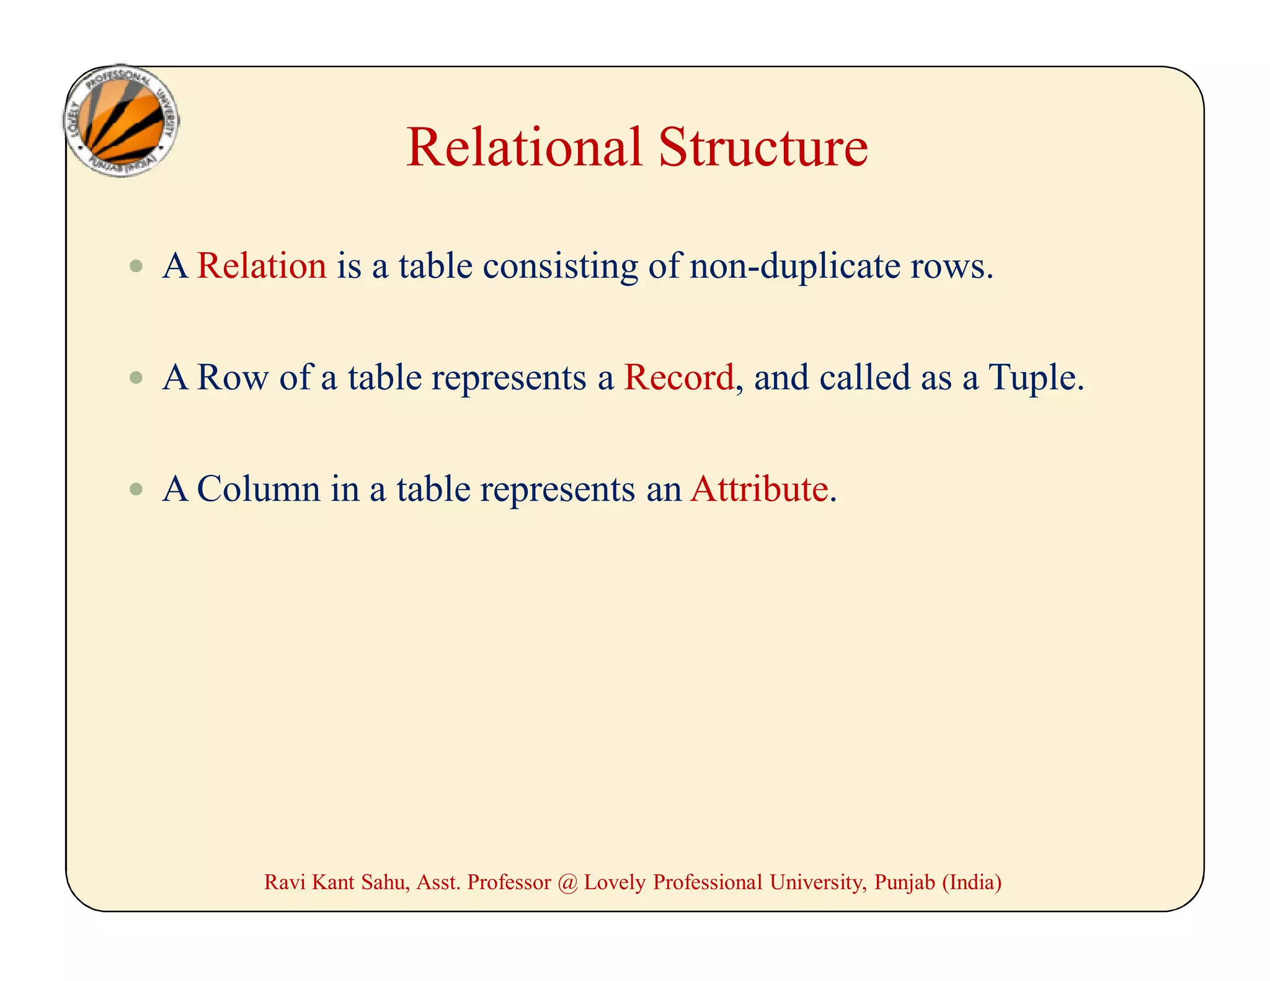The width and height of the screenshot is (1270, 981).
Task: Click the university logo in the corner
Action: click(x=122, y=121)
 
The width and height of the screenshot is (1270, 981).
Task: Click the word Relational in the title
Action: click(x=524, y=148)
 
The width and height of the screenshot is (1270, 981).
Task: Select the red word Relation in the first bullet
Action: click(x=262, y=266)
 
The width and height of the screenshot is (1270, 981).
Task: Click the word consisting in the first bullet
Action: click(x=560, y=266)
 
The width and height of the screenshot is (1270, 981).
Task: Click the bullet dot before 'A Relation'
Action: click(x=136, y=267)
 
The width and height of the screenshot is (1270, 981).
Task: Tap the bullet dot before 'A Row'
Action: click(x=136, y=378)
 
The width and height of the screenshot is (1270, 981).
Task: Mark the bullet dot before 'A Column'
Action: click(x=136, y=489)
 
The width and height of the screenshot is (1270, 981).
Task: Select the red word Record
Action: click(x=678, y=377)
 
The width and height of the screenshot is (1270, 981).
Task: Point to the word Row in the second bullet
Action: click(x=233, y=377)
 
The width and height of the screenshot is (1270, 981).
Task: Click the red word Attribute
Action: click(x=759, y=489)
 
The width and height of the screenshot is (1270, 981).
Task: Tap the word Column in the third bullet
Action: click(x=259, y=489)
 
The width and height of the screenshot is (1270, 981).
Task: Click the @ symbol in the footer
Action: click(x=567, y=882)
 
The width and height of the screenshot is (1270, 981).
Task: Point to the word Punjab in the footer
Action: click(x=904, y=882)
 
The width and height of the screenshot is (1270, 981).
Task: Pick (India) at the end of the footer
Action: click(x=972, y=882)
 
